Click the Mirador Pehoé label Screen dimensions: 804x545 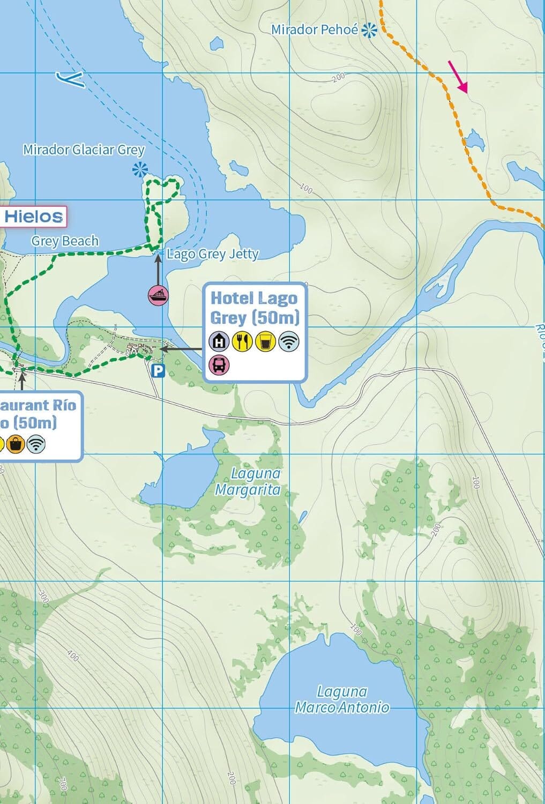[x=314, y=30]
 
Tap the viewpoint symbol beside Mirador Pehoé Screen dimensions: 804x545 [x=369, y=31]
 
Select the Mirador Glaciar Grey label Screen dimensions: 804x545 [x=84, y=150]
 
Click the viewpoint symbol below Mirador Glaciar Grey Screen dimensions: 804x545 [x=140, y=170]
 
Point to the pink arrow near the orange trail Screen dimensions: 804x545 [x=458, y=77]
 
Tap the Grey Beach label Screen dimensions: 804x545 [x=65, y=241]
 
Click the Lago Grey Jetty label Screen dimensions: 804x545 [x=213, y=254]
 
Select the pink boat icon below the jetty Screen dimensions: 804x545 [x=158, y=295]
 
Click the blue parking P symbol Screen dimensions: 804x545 [x=158, y=370]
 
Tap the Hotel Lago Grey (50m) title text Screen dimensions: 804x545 [x=254, y=308]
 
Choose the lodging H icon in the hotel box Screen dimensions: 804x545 [x=219, y=341]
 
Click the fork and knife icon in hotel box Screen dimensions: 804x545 [x=242, y=341]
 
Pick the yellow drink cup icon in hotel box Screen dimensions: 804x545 [x=265, y=341]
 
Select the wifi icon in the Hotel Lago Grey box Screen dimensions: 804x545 [x=289, y=341]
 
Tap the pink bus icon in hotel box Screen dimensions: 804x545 [x=219, y=364]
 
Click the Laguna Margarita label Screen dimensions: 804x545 [x=248, y=481]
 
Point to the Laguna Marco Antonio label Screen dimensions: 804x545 [x=342, y=699]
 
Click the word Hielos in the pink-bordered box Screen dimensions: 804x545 [x=34, y=217]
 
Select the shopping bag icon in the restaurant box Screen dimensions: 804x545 [x=16, y=444]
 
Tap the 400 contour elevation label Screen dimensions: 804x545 [x=73, y=655]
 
